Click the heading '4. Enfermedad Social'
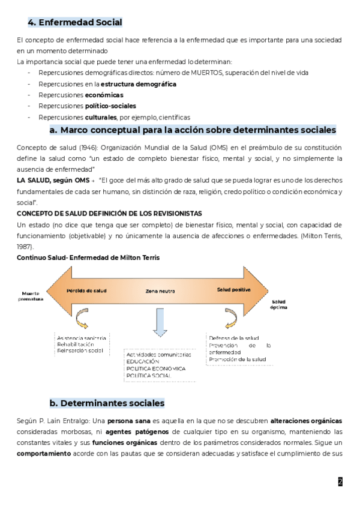coord(75,23)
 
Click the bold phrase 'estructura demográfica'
coord(139,84)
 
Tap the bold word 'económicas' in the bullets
coord(104,95)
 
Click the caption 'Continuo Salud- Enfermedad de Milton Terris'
coord(88,258)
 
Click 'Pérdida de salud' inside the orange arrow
coord(86,290)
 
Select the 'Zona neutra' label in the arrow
coord(160,291)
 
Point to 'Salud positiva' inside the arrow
coord(233,290)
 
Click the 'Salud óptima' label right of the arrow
coord(279,304)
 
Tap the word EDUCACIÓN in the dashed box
coord(143,361)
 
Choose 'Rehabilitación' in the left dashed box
coord(76,345)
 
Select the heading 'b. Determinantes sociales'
coord(107,403)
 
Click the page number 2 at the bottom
coord(340,481)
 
